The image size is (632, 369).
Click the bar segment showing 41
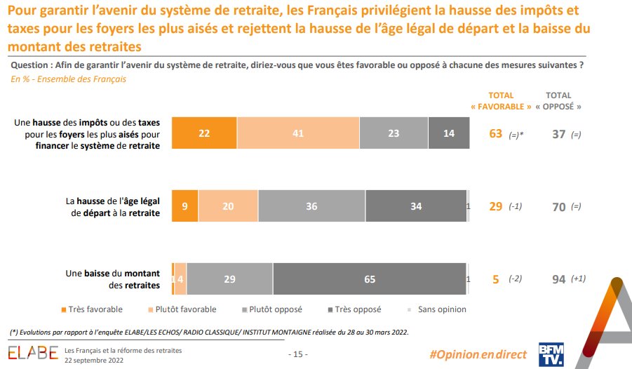coord(298,133)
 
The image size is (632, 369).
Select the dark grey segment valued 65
coord(370,279)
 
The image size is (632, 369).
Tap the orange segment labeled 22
coord(204,133)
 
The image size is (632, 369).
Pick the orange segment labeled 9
coord(184,206)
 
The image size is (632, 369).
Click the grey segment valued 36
coord(311,206)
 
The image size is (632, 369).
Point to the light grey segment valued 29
coord(229,279)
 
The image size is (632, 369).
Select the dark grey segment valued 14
coord(449,133)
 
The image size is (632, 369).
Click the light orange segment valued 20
coord(228,206)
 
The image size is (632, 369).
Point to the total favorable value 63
coord(496,134)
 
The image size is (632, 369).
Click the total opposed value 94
coord(558,279)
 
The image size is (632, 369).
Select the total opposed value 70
coord(558,207)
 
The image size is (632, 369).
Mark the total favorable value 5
coord(496,279)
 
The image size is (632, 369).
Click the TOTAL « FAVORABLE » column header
coord(500,101)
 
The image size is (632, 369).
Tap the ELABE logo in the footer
coord(32,352)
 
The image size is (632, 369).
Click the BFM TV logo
coord(551,353)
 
